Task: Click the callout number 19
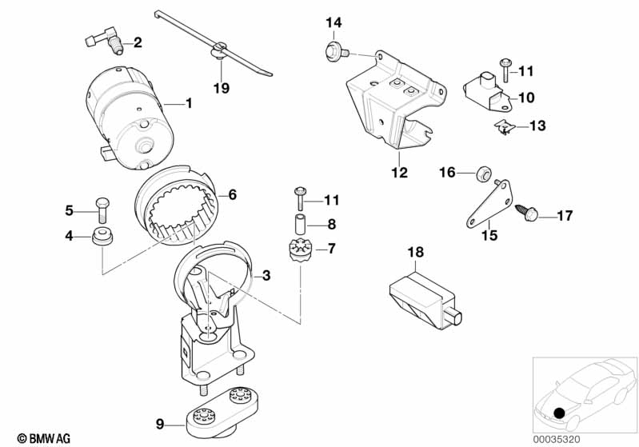click(x=222, y=88)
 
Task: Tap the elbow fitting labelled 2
click(x=105, y=40)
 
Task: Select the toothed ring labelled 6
click(x=176, y=204)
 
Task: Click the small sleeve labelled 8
click(x=301, y=224)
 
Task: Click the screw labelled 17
click(x=527, y=213)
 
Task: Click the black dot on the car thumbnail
click(x=560, y=413)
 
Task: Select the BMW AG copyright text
click(x=44, y=439)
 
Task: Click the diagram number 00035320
click(x=557, y=440)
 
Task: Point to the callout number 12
click(x=399, y=173)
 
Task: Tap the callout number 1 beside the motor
click(x=189, y=103)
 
